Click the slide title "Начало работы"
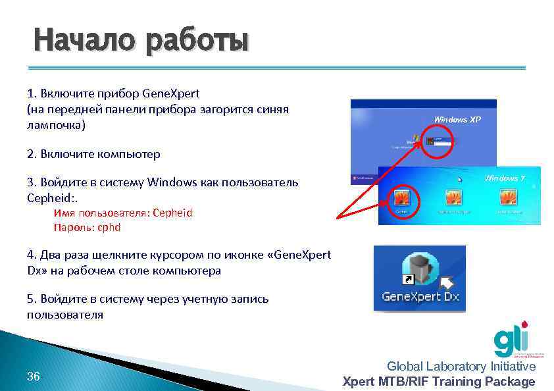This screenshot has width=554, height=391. point(141,41)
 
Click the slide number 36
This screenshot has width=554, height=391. point(34,377)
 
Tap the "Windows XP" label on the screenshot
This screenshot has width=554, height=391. point(457,120)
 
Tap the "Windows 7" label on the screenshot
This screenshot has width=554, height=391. point(505,178)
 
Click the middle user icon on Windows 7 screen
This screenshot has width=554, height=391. point(453,198)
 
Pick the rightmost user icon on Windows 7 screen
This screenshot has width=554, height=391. point(507,198)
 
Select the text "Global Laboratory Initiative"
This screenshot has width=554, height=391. point(461,367)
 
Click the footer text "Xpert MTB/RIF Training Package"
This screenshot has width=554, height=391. point(439,382)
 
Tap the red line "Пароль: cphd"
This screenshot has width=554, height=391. point(87,227)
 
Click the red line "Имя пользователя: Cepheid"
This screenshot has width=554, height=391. point(123,213)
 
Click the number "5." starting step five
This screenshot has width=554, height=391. point(32,299)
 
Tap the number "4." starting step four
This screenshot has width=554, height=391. point(32,255)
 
